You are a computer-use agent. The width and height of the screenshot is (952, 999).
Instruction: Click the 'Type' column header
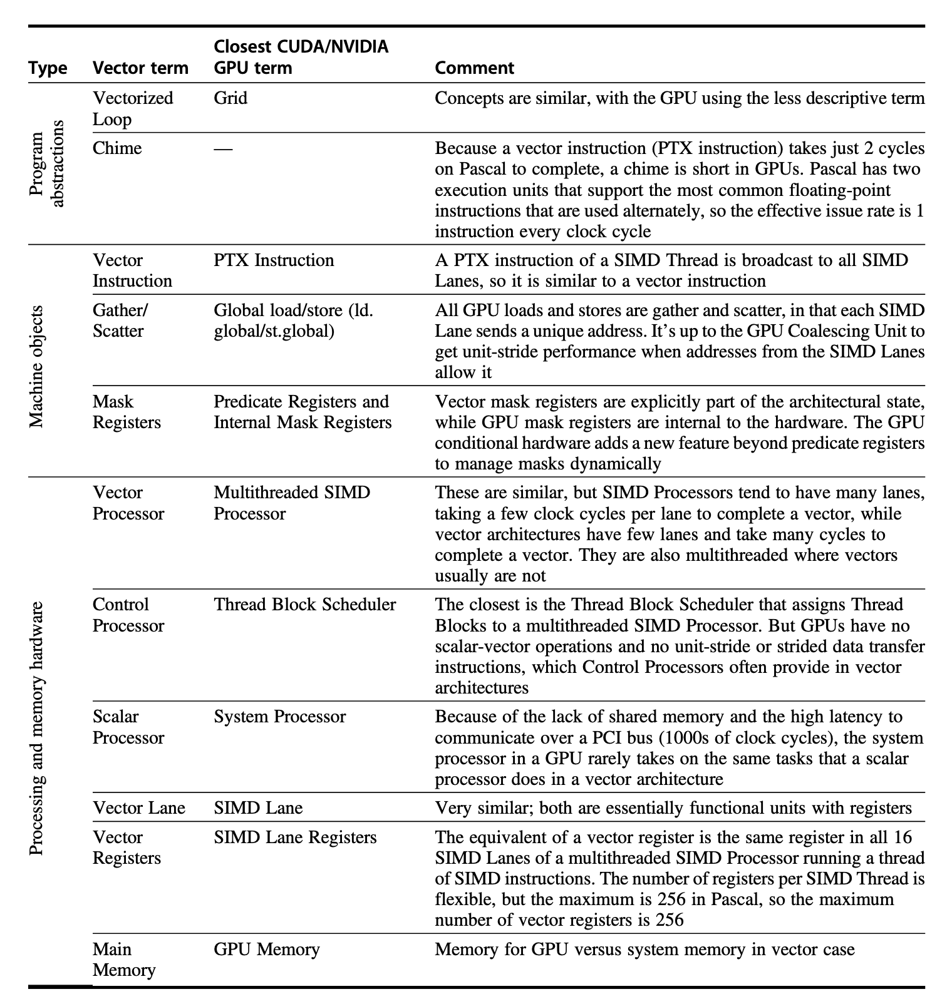click(x=48, y=68)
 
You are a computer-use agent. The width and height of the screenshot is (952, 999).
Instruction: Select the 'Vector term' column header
click(x=140, y=68)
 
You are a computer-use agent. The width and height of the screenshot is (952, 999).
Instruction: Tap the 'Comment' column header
click(x=474, y=68)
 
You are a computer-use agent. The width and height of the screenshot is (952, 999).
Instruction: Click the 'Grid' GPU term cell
click(x=230, y=98)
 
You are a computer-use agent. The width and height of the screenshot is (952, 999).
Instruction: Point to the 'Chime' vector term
click(x=117, y=148)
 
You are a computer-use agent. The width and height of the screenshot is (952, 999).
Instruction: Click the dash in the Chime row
click(x=223, y=149)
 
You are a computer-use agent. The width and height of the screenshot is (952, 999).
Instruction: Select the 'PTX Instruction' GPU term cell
click(x=274, y=260)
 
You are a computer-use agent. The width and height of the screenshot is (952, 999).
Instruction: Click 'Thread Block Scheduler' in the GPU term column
click(x=304, y=605)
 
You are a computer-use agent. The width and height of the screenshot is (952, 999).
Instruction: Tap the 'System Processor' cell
click(x=279, y=717)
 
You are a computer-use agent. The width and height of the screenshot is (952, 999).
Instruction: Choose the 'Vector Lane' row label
click(x=138, y=808)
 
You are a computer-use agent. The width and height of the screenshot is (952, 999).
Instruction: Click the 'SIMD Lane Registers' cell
click(x=295, y=838)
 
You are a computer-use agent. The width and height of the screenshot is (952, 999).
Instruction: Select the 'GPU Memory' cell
click(x=266, y=950)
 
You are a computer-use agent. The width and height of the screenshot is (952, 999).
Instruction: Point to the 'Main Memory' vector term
click(x=123, y=960)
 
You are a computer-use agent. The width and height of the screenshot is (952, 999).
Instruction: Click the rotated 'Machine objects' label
click(x=38, y=366)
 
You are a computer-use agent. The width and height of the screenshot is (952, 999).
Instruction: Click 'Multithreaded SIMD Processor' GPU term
click(x=291, y=503)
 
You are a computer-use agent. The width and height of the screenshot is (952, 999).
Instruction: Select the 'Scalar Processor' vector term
click(x=128, y=727)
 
